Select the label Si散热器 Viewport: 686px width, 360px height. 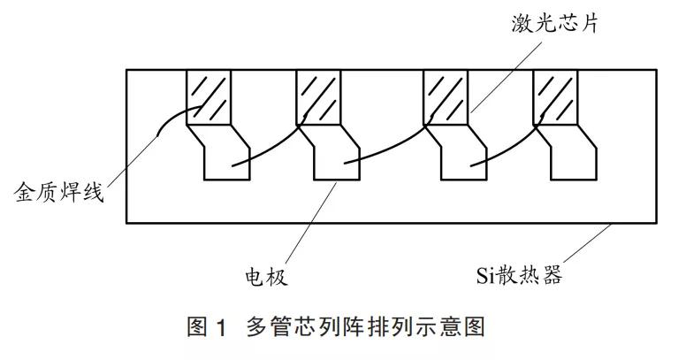tap(517, 276)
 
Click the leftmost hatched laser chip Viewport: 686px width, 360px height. tap(210, 97)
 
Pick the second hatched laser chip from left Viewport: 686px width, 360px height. tap(318, 97)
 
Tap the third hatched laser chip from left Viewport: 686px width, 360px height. tap(446, 97)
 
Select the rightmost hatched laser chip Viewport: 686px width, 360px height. tap(556, 97)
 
